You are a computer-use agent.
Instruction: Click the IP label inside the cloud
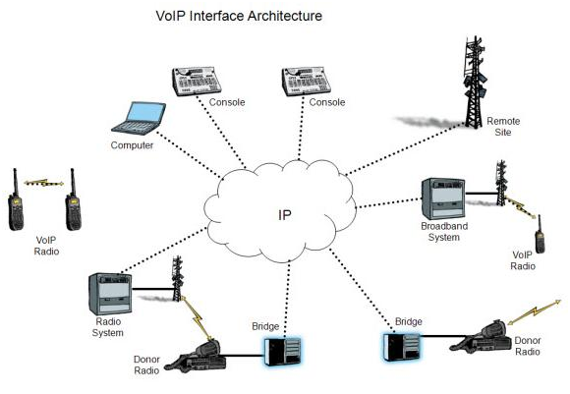(285, 215)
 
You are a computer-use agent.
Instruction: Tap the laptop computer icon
(139, 118)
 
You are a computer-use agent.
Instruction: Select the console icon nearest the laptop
(197, 81)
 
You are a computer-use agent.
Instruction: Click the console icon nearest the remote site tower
(306, 81)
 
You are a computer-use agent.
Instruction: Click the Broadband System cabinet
(443, 198)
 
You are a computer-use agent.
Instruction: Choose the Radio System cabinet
(110, 294)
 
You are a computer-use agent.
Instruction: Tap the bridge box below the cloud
(282, 351)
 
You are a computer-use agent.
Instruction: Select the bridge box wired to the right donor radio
(401, 347)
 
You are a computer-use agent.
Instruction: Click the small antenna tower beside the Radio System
(178, 278)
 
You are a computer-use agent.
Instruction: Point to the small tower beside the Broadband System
(501, 183)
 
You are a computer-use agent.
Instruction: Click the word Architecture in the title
(285, 16)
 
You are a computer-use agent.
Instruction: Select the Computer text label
(132, 145)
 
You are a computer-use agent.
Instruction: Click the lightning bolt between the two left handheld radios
(43, 183)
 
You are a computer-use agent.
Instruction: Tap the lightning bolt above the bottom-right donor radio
(534, 311)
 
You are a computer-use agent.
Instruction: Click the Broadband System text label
(444, 232)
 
